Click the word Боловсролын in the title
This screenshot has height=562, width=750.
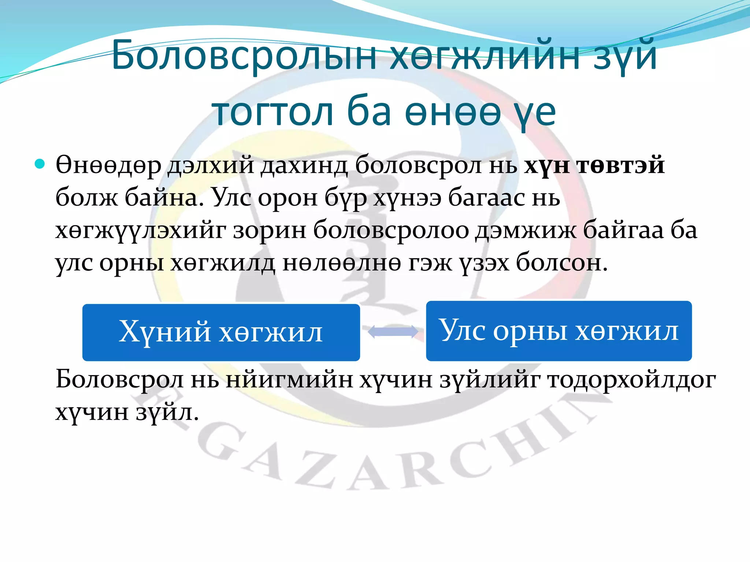pyautogui.click(x=244, y=55)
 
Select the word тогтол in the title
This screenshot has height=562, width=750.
pyautogui.click(x=273, y=111)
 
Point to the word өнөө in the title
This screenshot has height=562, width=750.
pyautogui.click(x=453, y=111)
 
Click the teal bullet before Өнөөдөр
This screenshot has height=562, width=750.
pyautogui.click(x=40, y=164)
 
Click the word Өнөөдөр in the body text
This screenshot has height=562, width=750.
pyautogui.click(x=108, y=165)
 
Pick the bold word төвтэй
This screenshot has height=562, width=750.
pyautogui.click(x=620, y=165)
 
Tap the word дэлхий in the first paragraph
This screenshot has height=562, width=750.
pyautogui.click(x=211, y=165)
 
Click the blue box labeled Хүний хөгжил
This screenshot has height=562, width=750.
pyautogui.click(x=221, y=332)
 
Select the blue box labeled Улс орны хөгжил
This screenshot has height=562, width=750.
pyautogui.click(x=558, y=331)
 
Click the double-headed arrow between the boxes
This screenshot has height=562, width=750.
pyautogui.click(x=393, y=332)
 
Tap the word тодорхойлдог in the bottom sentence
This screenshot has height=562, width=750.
pyautogui.click(x=631, y=380)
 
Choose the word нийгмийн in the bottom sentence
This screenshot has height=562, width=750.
pyautogui.click(x=289, y=380)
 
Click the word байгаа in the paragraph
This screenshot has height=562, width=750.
pyautogui.click(x=623, y=231)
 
